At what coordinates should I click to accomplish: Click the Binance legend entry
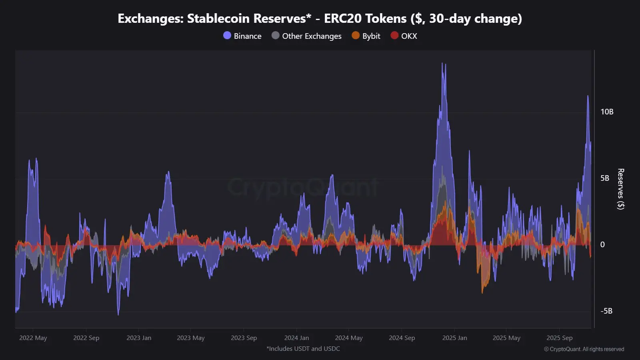click(x=242, y=36)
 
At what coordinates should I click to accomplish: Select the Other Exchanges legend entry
click(x=307, y=36)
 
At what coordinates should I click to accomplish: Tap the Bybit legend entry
click(x=366, y=36)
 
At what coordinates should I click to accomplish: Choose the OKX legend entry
click(x=404, y=36)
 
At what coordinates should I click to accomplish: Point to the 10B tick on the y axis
click(x=606, y=112)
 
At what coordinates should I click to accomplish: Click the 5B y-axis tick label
click(x=604, y=178)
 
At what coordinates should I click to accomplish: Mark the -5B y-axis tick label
click(x=606, y=311)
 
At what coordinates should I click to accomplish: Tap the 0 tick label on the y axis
click(x=602, y=245)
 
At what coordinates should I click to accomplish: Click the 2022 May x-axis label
click(x=33, y=338)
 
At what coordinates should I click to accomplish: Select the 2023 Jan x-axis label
click(x=139, y=338)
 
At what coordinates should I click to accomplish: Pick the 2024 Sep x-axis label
click(x=402, y=338)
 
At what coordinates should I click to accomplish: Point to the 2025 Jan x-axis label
click(x=454, y=338)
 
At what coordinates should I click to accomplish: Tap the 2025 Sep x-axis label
click(x=559, y=338)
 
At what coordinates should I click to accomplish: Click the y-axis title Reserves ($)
click(x=620, y=189)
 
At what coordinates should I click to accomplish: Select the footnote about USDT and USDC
click(x=303, y=349)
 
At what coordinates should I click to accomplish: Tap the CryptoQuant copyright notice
click(x=584, y=349)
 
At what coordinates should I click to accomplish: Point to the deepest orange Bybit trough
click(x=482, y=292)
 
